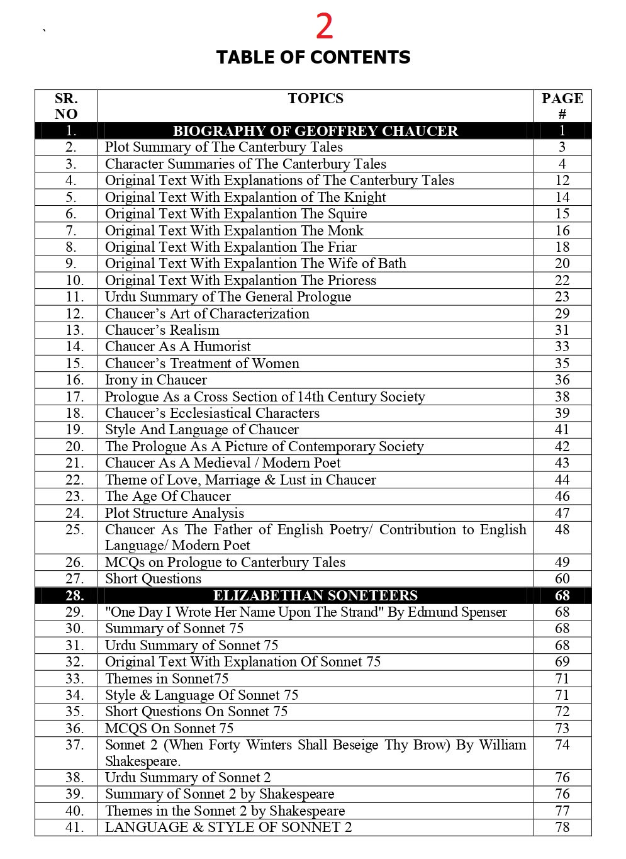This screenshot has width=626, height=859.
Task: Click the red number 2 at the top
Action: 324,27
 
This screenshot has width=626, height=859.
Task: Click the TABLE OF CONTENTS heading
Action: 313,58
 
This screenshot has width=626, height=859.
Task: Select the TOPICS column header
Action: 315,99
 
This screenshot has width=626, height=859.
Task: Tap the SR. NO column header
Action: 66,106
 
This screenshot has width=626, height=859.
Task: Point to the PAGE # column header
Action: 562,106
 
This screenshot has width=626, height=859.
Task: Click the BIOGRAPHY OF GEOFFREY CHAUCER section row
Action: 315,131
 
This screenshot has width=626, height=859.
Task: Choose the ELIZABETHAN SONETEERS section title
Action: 315,596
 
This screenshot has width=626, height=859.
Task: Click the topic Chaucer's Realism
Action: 162,330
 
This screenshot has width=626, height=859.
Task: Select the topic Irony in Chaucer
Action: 155,380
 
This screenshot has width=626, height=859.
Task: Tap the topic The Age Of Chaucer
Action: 167,497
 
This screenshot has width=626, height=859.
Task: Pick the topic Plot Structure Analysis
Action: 174,514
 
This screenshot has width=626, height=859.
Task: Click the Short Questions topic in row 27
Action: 153,579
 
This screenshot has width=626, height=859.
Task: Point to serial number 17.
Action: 74,397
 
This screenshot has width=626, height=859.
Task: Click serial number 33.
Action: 74,679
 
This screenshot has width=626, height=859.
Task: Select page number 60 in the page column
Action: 562,579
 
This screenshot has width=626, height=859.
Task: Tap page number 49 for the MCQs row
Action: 562,563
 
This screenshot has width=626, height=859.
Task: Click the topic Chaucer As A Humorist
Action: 177,347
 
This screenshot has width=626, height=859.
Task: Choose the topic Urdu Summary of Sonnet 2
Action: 187,778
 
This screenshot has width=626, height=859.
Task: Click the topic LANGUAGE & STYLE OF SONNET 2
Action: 228,828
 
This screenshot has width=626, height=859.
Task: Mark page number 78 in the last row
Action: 562,828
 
